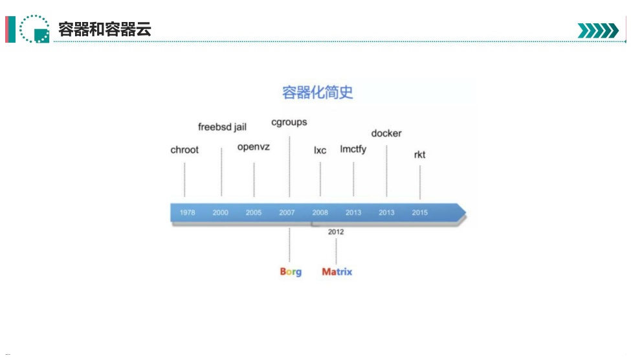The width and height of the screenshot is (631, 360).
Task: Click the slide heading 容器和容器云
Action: tap(105, 29)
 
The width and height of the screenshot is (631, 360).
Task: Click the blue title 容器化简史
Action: tap(318, 92)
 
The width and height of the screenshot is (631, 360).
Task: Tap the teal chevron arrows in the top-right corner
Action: tap(598, 30)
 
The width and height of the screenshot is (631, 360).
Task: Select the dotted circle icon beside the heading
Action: tap(34, 28)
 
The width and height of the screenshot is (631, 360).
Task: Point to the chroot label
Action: tap(184, 150)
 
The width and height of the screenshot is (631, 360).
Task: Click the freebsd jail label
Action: tap(222, 127)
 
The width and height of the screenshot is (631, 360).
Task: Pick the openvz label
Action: tap(254, 147)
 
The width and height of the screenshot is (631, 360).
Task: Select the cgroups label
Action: tap(289, 122)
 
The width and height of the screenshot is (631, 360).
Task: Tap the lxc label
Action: tap(320, 150)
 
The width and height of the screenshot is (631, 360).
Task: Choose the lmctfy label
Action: tap(353, 150)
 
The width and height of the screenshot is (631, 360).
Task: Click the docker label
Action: tap(386, 133)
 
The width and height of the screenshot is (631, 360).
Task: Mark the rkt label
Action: tap(420, 155)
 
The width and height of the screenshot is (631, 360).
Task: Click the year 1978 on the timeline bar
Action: tap(187, 212)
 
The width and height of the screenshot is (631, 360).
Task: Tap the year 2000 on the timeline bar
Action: tap(220, 212)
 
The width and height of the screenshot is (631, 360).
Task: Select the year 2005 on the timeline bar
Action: tap(254, 212)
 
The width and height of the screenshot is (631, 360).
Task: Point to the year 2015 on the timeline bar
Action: tap(420, 212)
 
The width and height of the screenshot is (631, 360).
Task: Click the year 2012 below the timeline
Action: tap(336, 232)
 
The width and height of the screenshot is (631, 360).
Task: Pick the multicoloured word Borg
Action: tap(291, 272)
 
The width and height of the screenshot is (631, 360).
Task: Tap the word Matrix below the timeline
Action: tap(337, 272)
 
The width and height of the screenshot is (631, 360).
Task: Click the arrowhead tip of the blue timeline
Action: tap(466, 212)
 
